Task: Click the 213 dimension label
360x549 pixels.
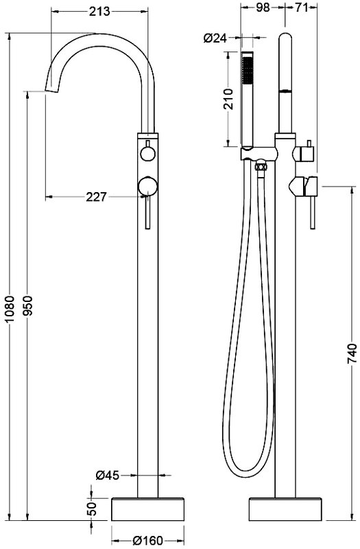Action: click(x=99, y=12)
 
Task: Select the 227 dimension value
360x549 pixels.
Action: click(x=96, y=197)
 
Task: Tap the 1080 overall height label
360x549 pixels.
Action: click(x=11, y=309)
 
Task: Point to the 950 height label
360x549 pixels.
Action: click(x=29, y=305)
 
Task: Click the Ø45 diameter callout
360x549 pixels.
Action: click(x=108, y=475)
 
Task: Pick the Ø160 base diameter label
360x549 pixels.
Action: click(x=148, y=541)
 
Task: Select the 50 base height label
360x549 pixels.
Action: click(x=91, y=509)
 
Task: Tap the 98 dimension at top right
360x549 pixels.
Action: click(x=263, y=7)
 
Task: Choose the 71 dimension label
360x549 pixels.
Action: click(x=300, y=7)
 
